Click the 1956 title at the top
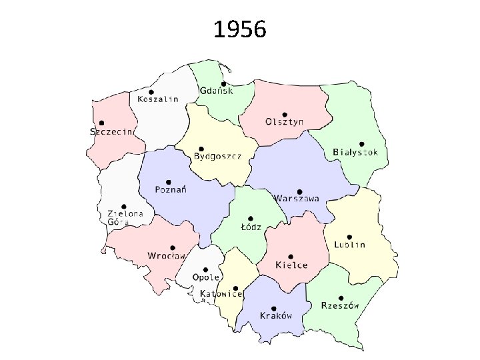(240, 29)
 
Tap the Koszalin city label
(158, 99)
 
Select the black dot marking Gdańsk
(223, 83)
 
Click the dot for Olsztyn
(285, 114)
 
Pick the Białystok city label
(355, 152)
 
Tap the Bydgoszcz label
(217, 157)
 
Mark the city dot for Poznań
(169, 181)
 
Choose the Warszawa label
(297, 198)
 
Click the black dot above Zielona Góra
(124, 207)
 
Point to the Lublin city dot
(349, 236)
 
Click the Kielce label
(291, 265)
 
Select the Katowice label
(221, 293)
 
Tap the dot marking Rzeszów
(341, 298)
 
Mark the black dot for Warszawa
(300, 191)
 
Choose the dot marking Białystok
(361, 143)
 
